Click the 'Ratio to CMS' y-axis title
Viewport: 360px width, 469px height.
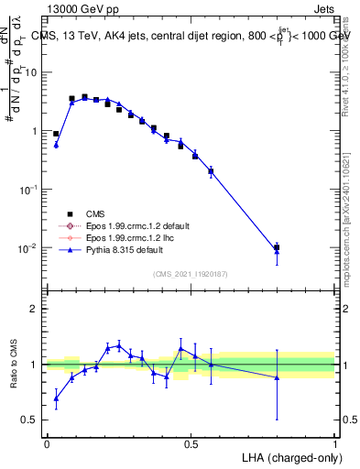tap(13, 365)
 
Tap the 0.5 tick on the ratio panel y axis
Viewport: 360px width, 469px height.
tap(31, 420)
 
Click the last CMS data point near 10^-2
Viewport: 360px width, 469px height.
tap(277, 247)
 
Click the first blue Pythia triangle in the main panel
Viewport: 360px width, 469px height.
tap(56, 145)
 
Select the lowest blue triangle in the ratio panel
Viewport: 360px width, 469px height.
tap(56, 398)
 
